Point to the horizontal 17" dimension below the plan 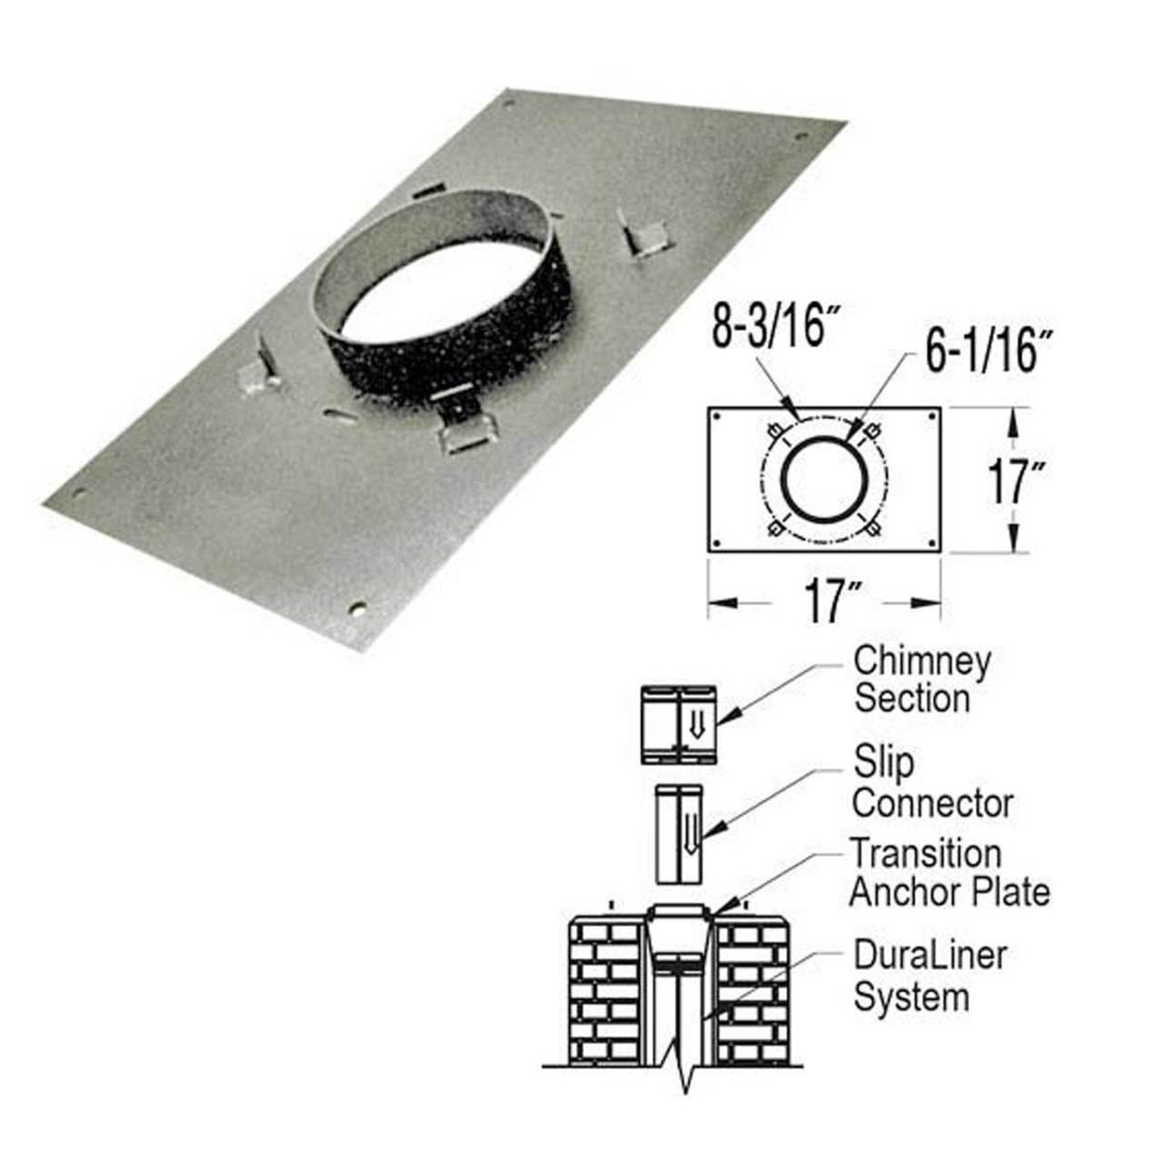pyautogui.click(x=825, y=601)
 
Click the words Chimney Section pyautogui.click(x=920, y=679)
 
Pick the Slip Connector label pyautogui.click(x=931, y=783)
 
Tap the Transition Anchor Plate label pyautogui.click(x=948, y=874)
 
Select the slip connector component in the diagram pyautogui.click(x=677, y=833)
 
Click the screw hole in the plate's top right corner pyautogui.click(x=802, y=137)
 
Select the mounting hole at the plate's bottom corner pyautogui.click(x=358, y=607)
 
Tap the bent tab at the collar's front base pyautogui.click(x=465, y=430)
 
